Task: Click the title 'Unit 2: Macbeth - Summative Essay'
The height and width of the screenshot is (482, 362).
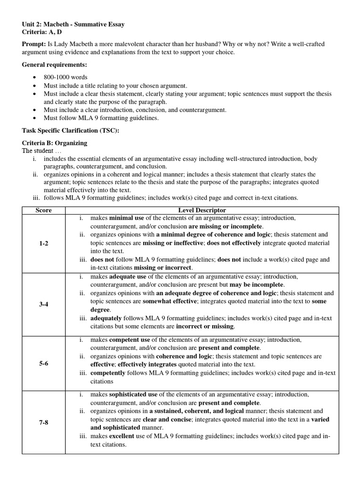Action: click(74, 24)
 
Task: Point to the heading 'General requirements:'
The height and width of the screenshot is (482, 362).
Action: click(55, 64)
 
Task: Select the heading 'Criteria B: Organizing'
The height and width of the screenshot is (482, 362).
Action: click(55, 143)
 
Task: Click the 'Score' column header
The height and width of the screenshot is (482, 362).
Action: click(44, 210)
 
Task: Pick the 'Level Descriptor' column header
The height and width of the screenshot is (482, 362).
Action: click(202, 210)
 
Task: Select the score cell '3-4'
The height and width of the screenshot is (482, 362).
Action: click(44, 304)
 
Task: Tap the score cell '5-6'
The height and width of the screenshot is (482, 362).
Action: click(44, 364)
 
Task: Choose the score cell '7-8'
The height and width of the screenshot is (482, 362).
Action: click(44, 423)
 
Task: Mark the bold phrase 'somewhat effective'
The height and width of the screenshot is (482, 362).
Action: click(170, 301)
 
